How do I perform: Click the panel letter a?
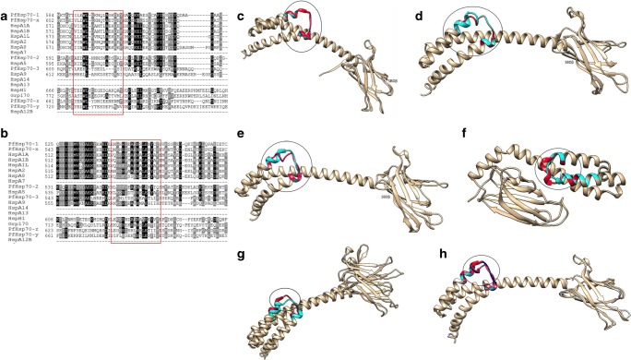(6, 7)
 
